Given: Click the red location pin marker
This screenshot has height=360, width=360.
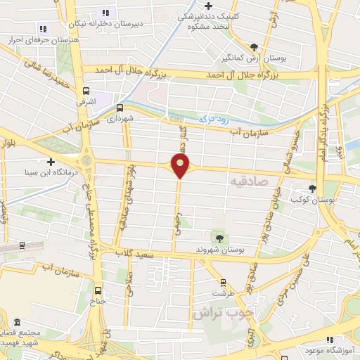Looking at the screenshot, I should pyautogui.click(x=181, y=166).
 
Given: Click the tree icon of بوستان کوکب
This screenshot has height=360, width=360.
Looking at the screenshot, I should pyautogui.click(x=312, y=188).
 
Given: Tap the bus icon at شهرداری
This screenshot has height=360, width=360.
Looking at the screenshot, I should pyautogui.click(x=120, y=108).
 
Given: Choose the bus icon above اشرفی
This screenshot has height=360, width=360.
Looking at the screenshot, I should pyautogui.click(x=86, y=91).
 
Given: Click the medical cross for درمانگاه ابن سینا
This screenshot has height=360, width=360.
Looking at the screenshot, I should pyautogui.click(x=51, y=162).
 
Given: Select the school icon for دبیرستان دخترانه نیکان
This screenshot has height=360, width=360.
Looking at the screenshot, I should pyautogui.click(x=106, y=13).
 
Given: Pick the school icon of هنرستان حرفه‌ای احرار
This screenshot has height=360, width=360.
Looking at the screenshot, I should pyautogui.click(x=43, y=29).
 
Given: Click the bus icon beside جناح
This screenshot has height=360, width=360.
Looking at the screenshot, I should pyautogui.click(x=97, y=290).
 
